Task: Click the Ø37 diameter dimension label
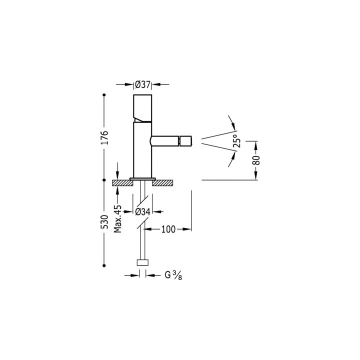pyautogui.click(x=143, y=84)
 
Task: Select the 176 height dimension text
pyautogui.click(x=104, y=137)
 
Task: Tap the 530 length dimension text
pyautogui.click(x=104, y=221)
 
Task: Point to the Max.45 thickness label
pyautogui.click(x=118, y=218)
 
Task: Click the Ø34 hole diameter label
pyautogui.click(x=143, y=212)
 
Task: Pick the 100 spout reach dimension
pyautogui.click(x=168, y=229)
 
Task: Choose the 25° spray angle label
pyautogui.click(x=236, y=142)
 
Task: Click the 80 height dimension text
pyautogui.click(x=256, y=160)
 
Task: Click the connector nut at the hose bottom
pyautogui.click(x=142, y=262)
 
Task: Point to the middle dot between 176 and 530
pyautogui.click(x=104, y=180)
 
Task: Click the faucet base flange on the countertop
pyautogui.click(x=143, y=178)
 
